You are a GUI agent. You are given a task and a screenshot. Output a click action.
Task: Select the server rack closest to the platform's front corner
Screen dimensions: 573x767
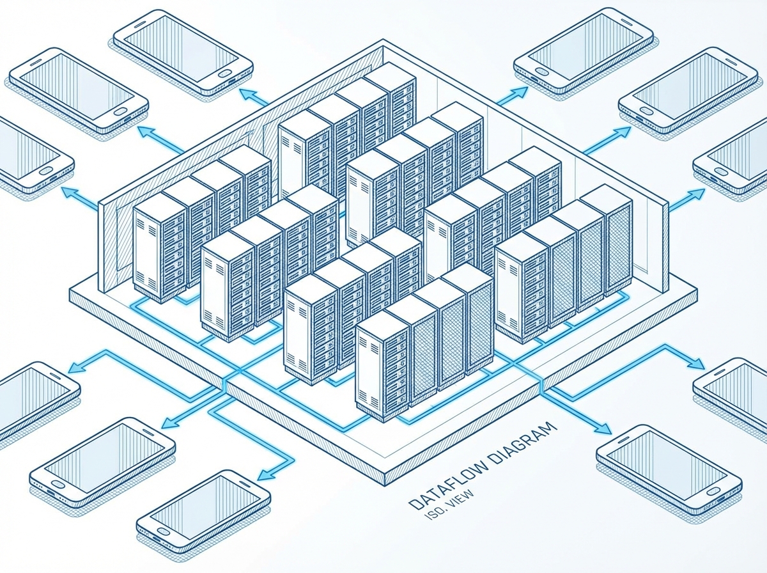[382, 365]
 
